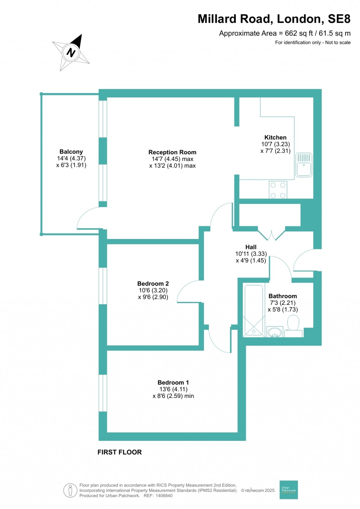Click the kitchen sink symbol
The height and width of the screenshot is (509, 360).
[x=304, y=165]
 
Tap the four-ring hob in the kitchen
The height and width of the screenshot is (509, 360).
[x=278, y=190]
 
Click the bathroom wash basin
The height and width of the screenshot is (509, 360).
[x=275, y=332]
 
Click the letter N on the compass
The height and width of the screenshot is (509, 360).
[x=71, y=53]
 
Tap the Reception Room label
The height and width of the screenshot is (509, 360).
[x=172, y=152]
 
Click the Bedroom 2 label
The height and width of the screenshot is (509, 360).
[x=153, y=284]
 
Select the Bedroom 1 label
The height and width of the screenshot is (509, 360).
[x=173, y=382]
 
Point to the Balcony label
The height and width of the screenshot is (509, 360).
[x=71, y=152]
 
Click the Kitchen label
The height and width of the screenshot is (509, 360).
[x=275, y=137]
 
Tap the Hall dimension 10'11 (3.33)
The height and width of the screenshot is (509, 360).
[x=251, y=254]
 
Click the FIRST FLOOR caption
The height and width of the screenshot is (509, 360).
[x=120, y=452]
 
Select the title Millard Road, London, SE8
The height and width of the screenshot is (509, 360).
[x=274, y=19]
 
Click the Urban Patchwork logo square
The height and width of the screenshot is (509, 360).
[x=289, y=490]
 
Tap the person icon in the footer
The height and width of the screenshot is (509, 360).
[x=70, y=490]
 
